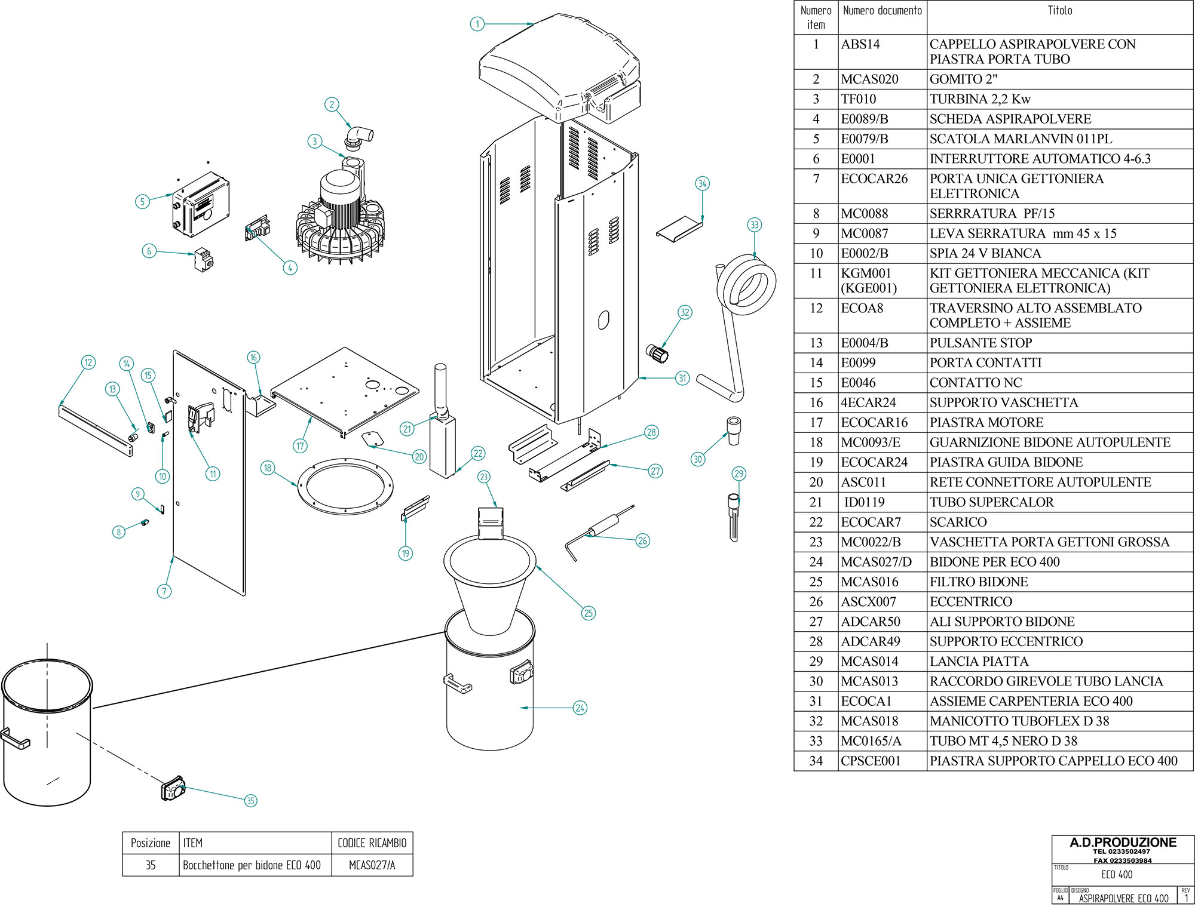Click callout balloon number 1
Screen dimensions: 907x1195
[477, 24]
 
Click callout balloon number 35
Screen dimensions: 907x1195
[251, 801]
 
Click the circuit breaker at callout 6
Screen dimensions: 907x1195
[204, 259]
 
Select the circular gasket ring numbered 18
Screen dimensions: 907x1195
[345, 486]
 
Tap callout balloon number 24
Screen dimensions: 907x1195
[580, 708]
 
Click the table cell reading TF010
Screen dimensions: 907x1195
[859, 99]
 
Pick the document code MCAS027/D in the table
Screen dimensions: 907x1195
[876, 562]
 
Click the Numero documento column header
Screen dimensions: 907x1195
[882, 11]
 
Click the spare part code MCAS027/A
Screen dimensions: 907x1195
[372, 865]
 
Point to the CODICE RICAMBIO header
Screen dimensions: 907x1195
[372, 843]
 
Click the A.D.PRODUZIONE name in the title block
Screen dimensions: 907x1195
[1123, 843]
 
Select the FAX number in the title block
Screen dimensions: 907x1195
[1123, 860]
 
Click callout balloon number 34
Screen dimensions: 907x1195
[702, 184]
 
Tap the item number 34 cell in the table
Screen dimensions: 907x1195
[816, 761]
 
